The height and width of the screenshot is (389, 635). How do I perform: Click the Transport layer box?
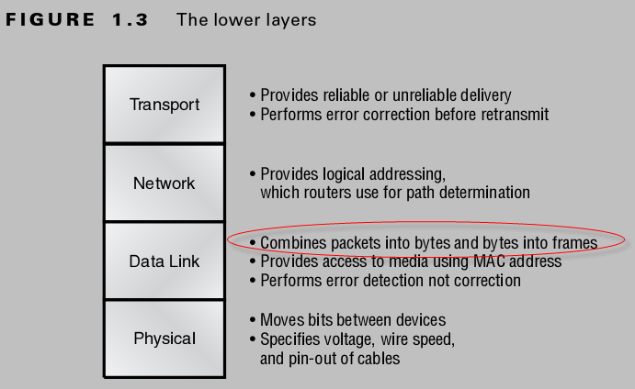(x=164, y=104)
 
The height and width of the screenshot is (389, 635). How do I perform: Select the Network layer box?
(x=164, y=183)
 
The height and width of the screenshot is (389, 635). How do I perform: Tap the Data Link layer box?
(x=164, y=261)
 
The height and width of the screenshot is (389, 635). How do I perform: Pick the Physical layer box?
(x=164, y=339)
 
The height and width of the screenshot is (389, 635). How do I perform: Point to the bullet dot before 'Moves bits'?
(x=253, y=320)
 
